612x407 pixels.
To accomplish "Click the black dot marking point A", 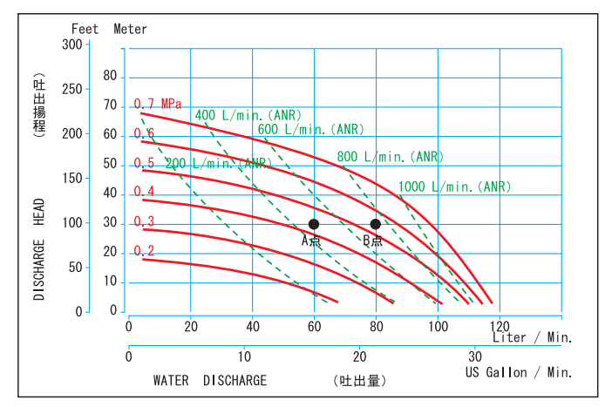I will click(314, 224).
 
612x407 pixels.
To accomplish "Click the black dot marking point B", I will click(376, 224).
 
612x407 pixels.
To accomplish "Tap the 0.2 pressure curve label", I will click(144, 251).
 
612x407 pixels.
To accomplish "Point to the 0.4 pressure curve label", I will click(144, 192).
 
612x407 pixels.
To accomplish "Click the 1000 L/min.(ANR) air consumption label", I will click(454, 187).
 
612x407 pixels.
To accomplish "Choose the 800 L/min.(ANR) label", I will click(391, 157).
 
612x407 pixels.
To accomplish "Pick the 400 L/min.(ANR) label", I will click(248, 115).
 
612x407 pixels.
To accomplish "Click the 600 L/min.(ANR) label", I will click(310, 130).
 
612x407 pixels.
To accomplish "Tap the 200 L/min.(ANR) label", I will click(218, 163).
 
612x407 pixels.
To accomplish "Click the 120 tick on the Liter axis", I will click(499, 327).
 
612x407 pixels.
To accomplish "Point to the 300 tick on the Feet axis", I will click(72, 44).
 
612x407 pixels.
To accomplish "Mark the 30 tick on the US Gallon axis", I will click(475, 356).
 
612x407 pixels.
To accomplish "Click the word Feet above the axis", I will click(85, 29).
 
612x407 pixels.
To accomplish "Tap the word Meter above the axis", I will click(130, 29).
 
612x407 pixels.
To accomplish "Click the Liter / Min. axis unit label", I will click(533, 337).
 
